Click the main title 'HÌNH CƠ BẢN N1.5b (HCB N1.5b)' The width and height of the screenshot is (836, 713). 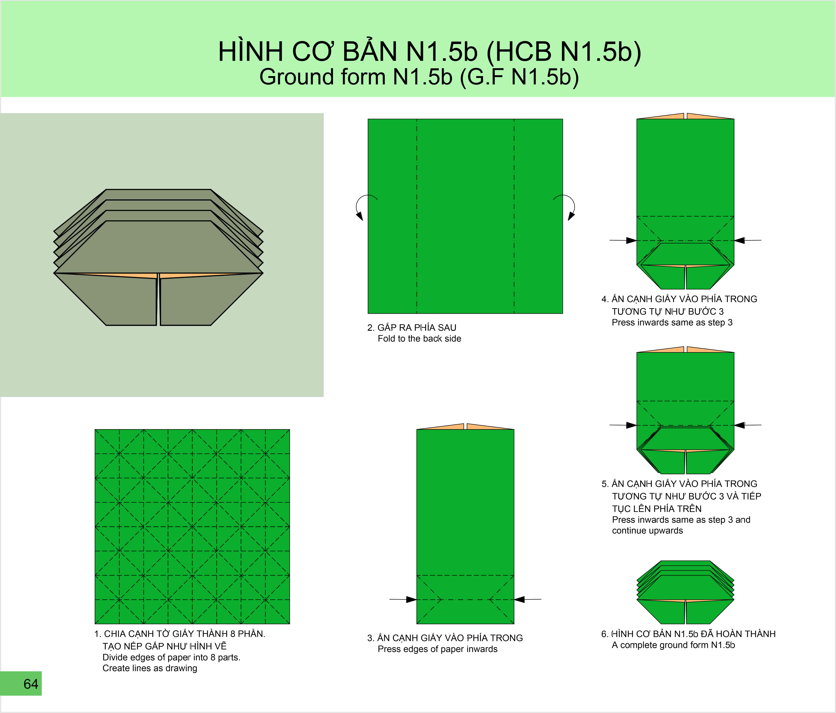pos(430,52)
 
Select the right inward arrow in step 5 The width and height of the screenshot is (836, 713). pos(748,425)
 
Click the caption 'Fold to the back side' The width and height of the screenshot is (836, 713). pos(419,339)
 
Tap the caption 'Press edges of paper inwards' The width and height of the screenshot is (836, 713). pos(437,649)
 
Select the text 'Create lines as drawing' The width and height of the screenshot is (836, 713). pos(150,668)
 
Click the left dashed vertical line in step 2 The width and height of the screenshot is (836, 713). pos(417,216)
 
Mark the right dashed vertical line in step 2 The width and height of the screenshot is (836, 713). pos(514,216)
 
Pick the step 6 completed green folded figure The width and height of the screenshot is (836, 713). pos(685,592)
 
